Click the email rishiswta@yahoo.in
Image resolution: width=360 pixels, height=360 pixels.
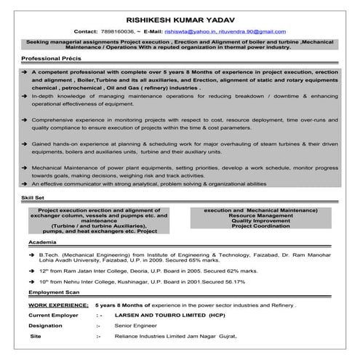(191, 33)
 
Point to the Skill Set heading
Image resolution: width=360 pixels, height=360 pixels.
(33, 197)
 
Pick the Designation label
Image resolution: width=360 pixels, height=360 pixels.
(47, 327)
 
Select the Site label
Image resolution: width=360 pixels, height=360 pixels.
(35, 338)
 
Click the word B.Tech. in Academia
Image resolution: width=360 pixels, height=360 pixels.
(50, 255)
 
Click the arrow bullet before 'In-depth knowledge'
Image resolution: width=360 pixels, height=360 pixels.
(25, 97)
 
